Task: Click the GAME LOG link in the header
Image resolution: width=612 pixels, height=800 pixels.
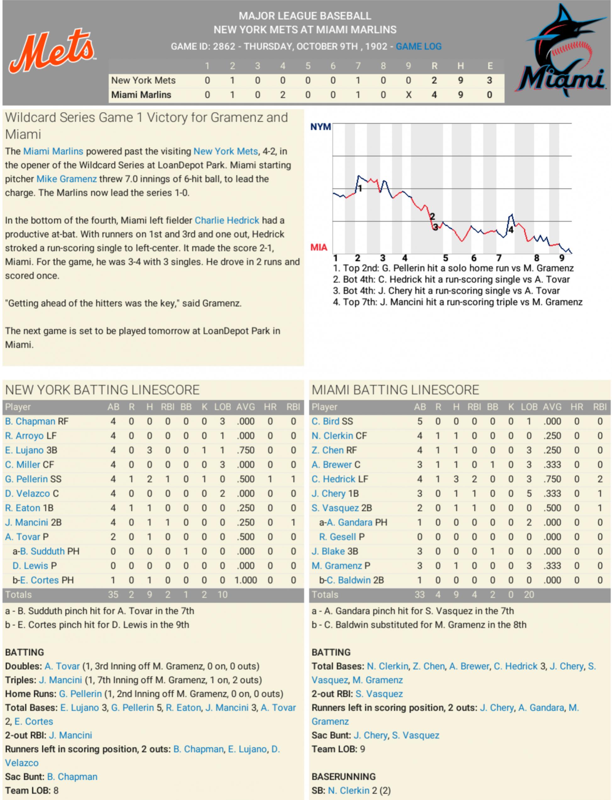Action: (x=419, y=46)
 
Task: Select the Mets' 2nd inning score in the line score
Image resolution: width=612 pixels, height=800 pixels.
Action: (x=232, y=80)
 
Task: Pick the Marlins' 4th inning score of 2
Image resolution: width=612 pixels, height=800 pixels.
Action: (x=283, y=95)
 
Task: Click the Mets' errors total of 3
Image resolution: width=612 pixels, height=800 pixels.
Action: (x=490, y=80)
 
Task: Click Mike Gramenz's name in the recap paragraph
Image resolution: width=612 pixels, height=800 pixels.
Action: (x=67, y=179)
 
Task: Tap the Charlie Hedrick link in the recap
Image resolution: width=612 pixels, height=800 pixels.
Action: (x=227, y=220)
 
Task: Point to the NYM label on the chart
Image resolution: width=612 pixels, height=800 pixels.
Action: (x=321, y=127)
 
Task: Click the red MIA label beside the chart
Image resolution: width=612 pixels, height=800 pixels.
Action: (x=319, y=248)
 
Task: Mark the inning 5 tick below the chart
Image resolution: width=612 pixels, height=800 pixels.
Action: (x=445, y=258)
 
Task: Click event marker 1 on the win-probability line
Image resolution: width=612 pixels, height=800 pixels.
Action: (x=360, y=188)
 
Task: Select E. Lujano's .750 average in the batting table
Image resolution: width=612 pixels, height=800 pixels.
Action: (x=245, y=450)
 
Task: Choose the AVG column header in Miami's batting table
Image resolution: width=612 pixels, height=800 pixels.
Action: (x=552, y=407)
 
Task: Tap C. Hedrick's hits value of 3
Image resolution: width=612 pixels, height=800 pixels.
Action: (x=456, y=479)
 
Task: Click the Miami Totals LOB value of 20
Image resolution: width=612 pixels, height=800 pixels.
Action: (x=529, y=595)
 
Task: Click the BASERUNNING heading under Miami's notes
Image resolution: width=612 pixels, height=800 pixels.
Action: (x=344, y=777)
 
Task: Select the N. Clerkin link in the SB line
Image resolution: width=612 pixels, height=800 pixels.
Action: (x=349, y=791)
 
